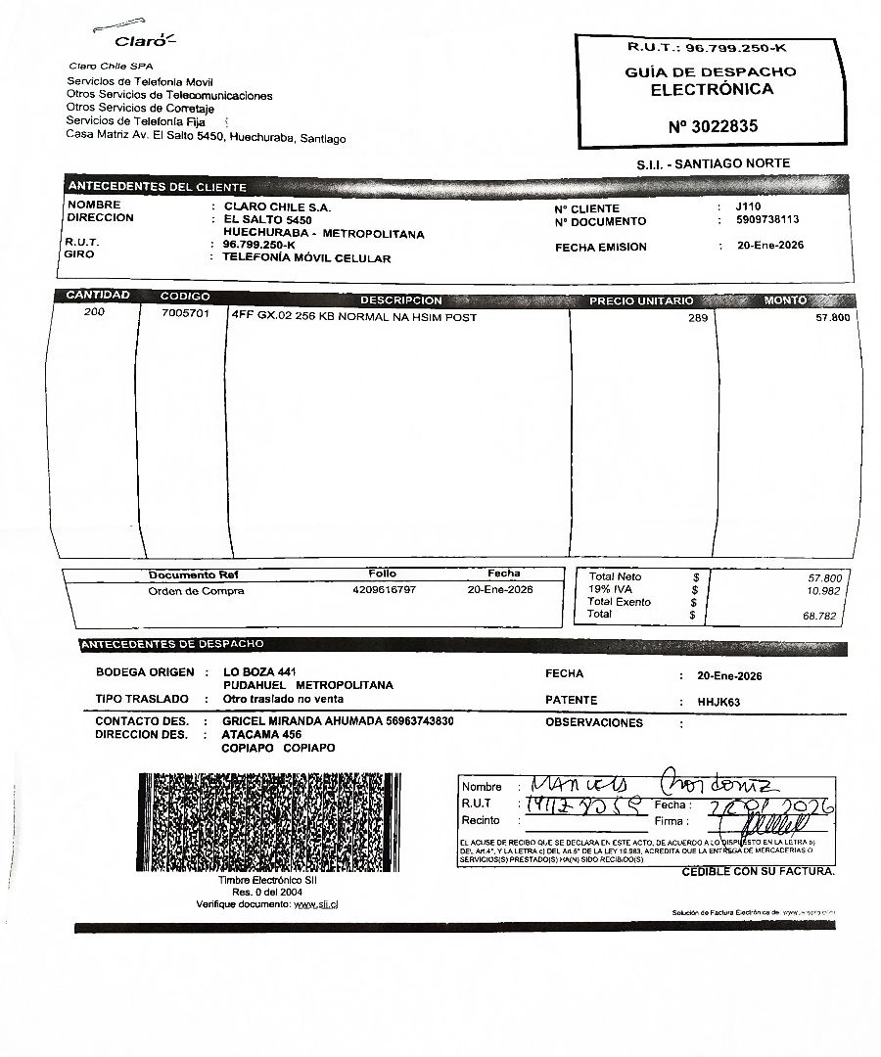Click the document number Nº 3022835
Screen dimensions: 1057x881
point(713,126)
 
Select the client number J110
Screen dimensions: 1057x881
point(748,207)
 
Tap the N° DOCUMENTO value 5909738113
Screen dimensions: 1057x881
point(767,220)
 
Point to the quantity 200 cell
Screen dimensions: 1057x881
point(94,313)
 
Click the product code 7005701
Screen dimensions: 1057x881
point(185,314)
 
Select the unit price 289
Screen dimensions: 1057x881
point(697,318)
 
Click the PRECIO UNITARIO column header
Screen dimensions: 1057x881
point(640,300)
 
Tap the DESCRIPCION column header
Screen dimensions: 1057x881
point(400,300)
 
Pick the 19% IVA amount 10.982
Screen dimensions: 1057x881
point(822,591)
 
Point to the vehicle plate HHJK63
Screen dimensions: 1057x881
point(719,702)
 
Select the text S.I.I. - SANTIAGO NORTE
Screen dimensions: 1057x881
point(713,163)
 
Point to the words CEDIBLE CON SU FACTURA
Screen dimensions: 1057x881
point(758,871)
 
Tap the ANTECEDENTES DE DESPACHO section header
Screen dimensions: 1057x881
point(172,645)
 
